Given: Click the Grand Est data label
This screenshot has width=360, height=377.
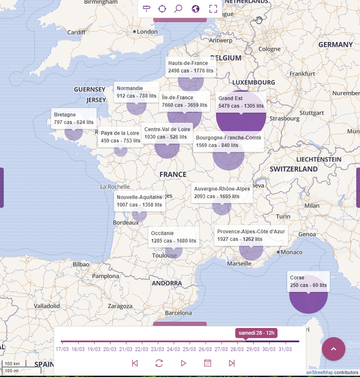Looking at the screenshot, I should (x=241, y=102).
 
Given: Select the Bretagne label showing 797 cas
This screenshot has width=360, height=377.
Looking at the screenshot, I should (x=74, y=118).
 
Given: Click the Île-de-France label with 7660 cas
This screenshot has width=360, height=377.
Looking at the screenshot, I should (x=184, y=101).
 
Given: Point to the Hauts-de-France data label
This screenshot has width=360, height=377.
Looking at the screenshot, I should (x=191, y=67).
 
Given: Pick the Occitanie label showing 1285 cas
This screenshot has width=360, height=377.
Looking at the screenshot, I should (x=173, y=237).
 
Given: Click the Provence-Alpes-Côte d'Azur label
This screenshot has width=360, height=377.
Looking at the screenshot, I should (x=251, y=236).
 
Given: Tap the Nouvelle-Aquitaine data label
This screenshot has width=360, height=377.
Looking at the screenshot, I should (x=139, y=201).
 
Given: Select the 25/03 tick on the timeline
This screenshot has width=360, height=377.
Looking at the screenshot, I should (x=189, y=349).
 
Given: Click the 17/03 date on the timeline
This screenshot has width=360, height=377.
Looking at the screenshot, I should (x=62, y=349).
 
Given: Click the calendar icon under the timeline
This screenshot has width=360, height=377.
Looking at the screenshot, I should (x=207, y=363).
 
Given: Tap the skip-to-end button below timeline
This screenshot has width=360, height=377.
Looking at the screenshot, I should (x=231, y=363).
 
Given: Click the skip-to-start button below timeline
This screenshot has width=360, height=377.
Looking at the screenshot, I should (x=135, y=363).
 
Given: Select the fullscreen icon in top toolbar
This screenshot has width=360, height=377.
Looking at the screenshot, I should (x=213, y=8).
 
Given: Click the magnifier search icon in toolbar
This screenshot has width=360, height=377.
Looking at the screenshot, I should (x=179, y=8).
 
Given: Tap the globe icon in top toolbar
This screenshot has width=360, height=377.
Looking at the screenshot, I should (x=196, y=8).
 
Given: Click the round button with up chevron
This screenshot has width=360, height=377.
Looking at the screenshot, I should (x=334, y=349).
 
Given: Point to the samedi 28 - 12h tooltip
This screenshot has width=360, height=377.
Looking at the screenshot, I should (x=257, y=333).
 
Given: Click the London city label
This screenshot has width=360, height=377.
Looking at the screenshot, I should (x=147, y=32).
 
